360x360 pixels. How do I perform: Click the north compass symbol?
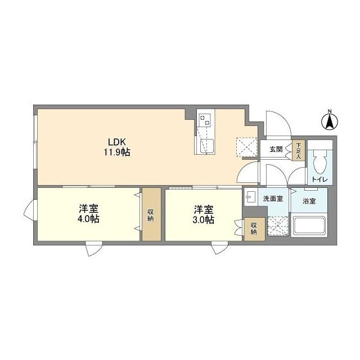[x=330, y=120]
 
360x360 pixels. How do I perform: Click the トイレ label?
[x=321, y=179]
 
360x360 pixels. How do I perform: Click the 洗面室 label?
[x=272, y=199]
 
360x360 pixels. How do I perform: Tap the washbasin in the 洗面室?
[x=249, y=198]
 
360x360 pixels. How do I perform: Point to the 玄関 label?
[x=276, y=150]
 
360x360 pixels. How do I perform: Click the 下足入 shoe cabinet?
[x=298, y=150]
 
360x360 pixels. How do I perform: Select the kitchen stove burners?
[x=205, y=119]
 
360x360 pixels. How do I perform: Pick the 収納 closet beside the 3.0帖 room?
[x=254, y=228]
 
